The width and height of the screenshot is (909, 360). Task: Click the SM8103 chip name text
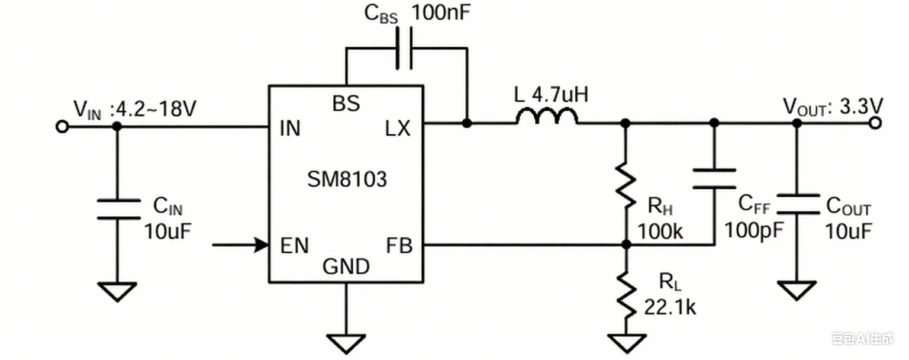click(347, 179)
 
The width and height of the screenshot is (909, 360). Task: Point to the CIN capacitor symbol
click(118, 209)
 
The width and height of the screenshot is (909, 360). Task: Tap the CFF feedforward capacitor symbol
click(714, 178)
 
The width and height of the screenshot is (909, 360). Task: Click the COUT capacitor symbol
click(797, 204)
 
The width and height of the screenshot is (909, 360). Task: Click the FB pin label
click(399, 246)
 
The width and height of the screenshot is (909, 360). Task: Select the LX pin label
click(397, 129)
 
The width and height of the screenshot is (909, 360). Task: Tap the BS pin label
click(346, 104)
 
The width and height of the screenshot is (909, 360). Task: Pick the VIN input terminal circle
click(62, 126)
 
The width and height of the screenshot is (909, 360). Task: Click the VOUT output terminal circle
click(875, 123)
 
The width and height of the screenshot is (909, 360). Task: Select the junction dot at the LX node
click(466, 123)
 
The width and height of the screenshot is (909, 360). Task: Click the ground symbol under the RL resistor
click(626, 342)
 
